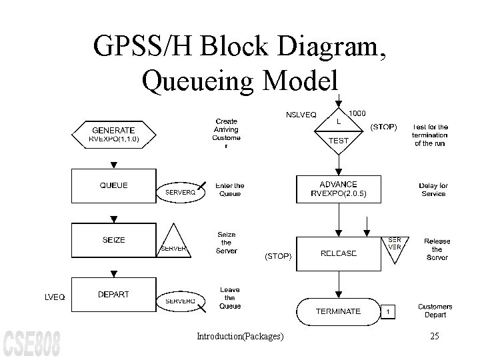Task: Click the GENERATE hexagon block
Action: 113,134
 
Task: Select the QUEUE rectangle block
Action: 113,185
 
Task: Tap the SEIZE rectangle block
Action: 113,240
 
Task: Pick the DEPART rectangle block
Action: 113,295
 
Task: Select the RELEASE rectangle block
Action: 339,253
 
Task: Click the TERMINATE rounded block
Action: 338,311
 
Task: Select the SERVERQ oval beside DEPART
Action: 180,301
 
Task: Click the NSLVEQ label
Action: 301,115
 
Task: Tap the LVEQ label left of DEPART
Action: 55,298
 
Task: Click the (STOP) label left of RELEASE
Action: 278,255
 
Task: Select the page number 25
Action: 434,337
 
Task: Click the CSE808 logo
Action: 31,343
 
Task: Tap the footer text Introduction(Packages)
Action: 240,337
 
